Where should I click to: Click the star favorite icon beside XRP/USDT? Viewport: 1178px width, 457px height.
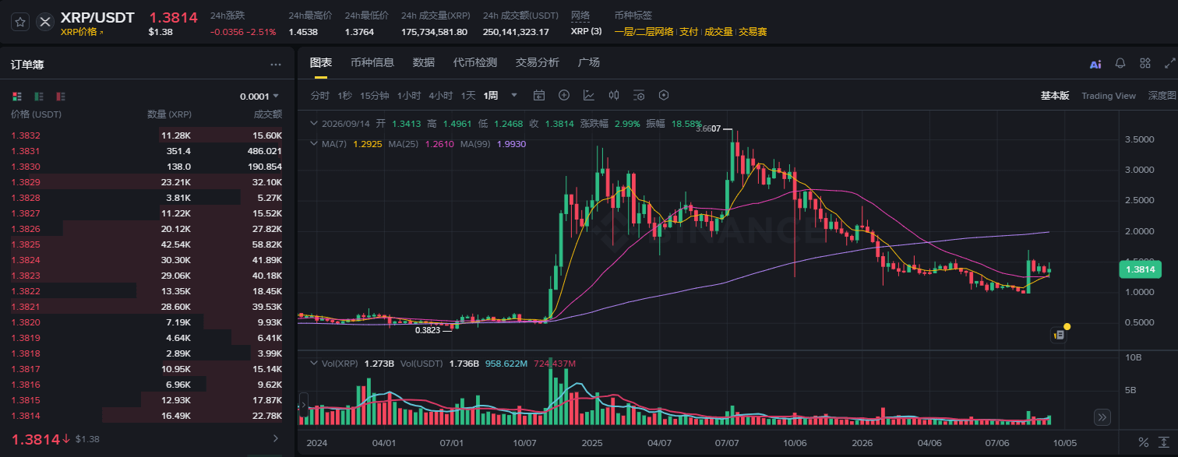(x=20, y=22)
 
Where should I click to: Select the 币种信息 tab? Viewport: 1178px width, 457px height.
(x=372, y=62)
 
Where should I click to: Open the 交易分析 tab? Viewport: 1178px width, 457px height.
(x=537, y=62)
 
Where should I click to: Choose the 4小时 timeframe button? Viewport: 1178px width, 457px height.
(x=440, y=96)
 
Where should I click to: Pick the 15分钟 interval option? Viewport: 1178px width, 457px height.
(x=374, y=96)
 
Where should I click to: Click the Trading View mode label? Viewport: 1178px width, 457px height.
(x=1108, y=96)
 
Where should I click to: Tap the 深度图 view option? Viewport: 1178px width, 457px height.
(x=1162, y=96)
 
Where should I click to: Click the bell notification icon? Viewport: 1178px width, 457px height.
(x=1120, y=64)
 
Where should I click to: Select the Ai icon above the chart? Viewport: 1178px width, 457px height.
(x=1095, y=64)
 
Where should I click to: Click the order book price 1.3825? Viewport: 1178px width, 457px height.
(x=26, y=244)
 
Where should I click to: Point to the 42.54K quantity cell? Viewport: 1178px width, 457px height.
(x=175, y=244)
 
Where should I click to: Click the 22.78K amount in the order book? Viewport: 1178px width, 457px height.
(x=267, y=416)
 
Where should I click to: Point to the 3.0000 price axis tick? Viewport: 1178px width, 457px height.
(x=1139, y=170)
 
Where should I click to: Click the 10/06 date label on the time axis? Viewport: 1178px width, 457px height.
(x=794, y=443)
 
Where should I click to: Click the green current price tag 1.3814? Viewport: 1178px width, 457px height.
(x=1140, y=269)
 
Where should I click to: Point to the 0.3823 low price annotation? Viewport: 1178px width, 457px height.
(x=428, y=330)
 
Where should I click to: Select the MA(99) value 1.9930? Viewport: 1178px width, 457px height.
(x=511, y=144)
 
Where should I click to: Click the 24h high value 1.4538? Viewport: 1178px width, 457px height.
(x=303, y=32)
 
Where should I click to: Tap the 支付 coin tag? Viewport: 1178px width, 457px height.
(x=689, y=31)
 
